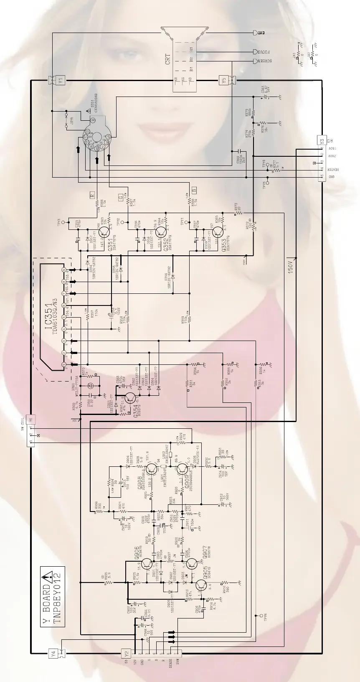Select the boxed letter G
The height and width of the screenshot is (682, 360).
pyautogui.click(x=121, y=197)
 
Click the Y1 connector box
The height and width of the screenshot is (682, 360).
pyautogui.click(x=60, y=80)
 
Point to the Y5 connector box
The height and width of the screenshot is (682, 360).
pyautogui.click(x=223, y=80)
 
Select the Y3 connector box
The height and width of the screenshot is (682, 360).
pyautogui.click(x=321, y=141)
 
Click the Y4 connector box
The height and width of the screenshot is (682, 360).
pyautogui.click(x=53, y=653)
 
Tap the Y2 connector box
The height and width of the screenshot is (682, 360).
pyautogui.click(x=127, y=653)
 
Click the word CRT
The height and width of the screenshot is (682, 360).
pyautogui.click(x=167, y=59)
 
